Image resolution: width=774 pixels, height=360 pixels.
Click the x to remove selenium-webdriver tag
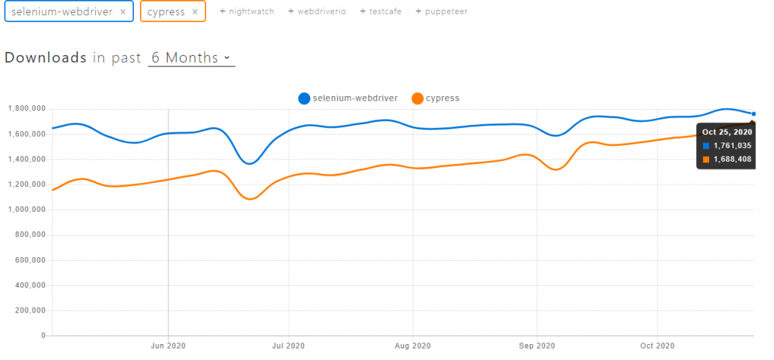click(122, 12)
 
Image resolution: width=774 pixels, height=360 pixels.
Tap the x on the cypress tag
click(195, 12)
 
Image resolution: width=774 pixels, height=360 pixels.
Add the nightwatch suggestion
click(247, 12)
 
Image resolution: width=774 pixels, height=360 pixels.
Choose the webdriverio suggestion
click(317, 12)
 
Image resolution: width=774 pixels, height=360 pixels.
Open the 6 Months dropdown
click(191, 58)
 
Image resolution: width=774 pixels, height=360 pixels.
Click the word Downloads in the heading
click(45, 58)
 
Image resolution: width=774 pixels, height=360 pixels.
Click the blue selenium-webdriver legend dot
click(304, 98)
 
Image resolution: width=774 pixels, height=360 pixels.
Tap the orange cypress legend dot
click(416, 98)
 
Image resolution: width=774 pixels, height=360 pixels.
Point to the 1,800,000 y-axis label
click(26, 109)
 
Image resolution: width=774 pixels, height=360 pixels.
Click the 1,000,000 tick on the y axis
click(26, 209)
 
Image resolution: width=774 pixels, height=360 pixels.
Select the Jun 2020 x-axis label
click(168, 346)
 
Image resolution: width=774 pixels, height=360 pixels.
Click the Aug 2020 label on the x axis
click(412, 346)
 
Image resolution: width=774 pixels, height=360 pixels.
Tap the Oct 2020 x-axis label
click(657, 346)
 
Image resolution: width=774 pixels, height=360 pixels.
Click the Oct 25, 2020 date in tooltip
click(727, 132)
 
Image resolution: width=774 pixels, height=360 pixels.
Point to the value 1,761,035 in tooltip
click(732, 146)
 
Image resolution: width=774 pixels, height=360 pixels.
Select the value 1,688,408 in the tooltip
click(732, 160)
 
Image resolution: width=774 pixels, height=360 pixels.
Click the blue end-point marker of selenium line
click(754, 114)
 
